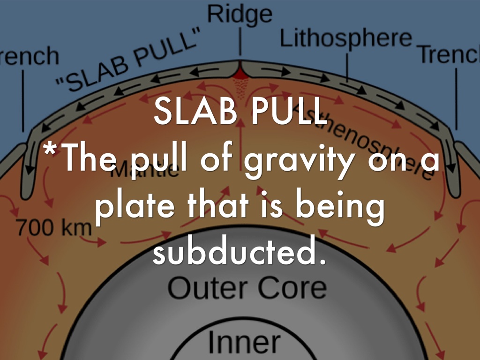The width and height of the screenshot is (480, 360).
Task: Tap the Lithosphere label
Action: (x=346, y=38)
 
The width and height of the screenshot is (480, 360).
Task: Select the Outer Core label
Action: (x=247, y=288)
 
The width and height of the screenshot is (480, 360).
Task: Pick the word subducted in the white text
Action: (x=239, y=253)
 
